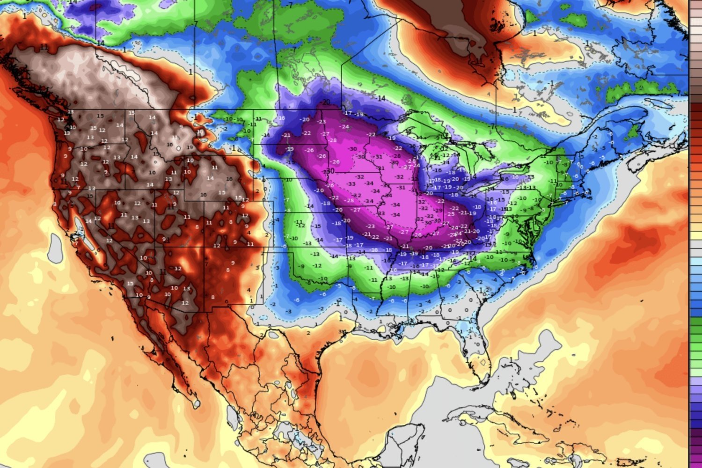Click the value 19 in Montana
pyautogui.click(x=190, y=147)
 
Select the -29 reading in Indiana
pyautogui.click(x=439, y=211)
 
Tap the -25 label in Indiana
pyautogui.click(x=451, y=214)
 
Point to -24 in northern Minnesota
pyautogui.click(x=345, y=127)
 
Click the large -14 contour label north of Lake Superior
pyautogui.click(x=381, y=98)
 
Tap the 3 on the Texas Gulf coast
pyautogui.click(x=340, y=331)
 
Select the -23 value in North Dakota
pyautogui.click(x=322, y=122)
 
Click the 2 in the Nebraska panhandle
pyautogui.click(x=257, y=191)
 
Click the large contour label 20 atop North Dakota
pyautogui.click(x=326, y=102)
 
